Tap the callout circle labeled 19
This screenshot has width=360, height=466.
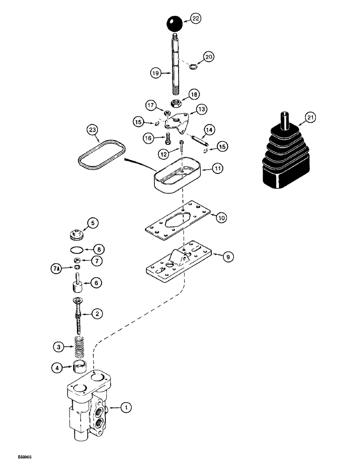pos(156,73)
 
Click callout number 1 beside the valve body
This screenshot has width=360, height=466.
pos(125,408)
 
